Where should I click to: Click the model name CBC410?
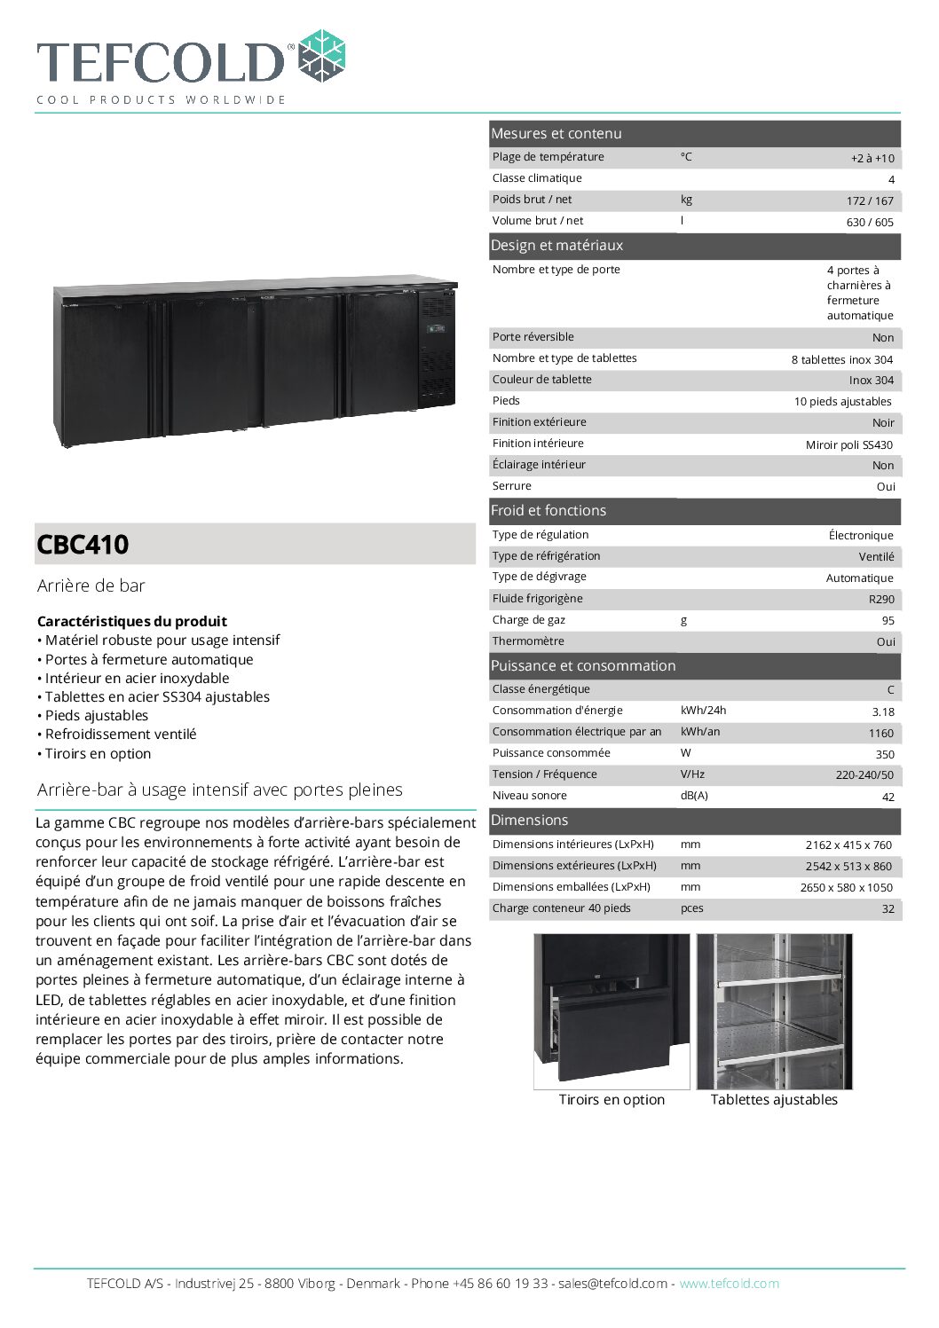pos(83,544)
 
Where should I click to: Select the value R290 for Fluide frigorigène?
pos(881,599)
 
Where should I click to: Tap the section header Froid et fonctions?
pos(548,510)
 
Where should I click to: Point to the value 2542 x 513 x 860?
pos(848,866)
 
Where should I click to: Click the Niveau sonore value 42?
pos(888,797)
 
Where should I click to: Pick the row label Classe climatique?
pos(537,178)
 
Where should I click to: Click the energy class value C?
pos(890,689)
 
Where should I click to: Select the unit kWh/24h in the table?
pos(703,711)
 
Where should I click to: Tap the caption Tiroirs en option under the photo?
pos(612,1099)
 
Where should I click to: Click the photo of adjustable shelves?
pos(774,1011)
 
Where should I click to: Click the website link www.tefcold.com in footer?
pos(729,1283)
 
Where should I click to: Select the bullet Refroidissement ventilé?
pos(121,734)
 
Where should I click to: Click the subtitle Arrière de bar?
pos(91,585)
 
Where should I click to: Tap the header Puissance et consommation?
pos(583,665)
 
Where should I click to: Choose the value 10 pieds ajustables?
pos(842,402)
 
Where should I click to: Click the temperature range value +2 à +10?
pos(872,158)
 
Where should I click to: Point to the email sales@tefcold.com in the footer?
pos(612,1283)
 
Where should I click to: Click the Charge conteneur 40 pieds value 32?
pos(888,909)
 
